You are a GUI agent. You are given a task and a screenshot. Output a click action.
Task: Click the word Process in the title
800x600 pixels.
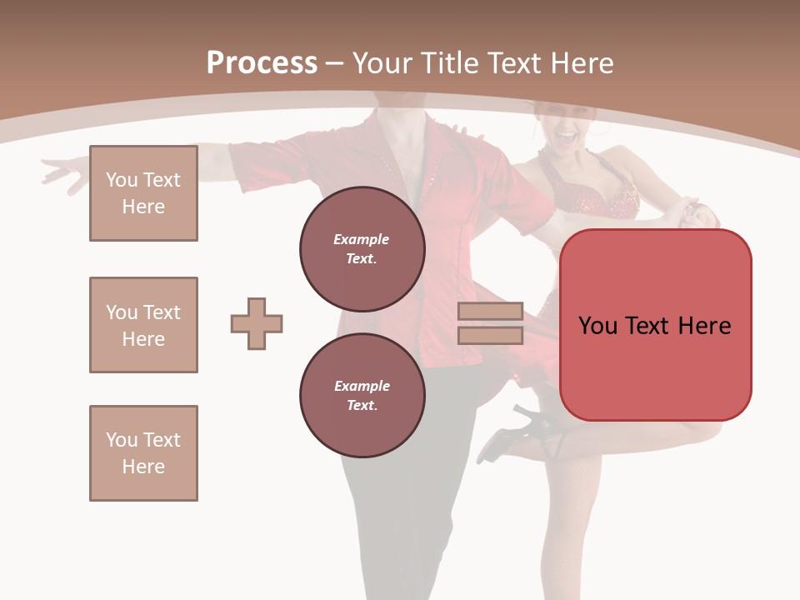pyautogui.click(x=262, y=62)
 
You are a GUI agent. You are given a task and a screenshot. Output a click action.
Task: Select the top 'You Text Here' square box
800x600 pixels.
pyautogui.click(x=143, y=193)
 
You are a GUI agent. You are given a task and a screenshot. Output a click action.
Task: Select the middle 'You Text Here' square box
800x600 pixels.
pyautogui.click(x=143, y=325)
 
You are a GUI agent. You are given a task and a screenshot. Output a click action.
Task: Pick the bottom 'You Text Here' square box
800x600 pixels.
pyautogui.click(x=143, y=453)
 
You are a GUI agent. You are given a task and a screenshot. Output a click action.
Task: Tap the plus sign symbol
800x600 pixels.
pyautogui.click(x=257, y=323)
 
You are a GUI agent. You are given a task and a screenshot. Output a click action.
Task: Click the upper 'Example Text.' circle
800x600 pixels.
pyautogui.click(x=362, y=249)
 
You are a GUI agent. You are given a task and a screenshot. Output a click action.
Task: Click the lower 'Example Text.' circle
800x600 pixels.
pyautogui.click(x=362, y=396)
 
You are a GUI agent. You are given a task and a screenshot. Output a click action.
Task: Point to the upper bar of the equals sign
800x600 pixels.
pyautogui.click(x=490, y=311)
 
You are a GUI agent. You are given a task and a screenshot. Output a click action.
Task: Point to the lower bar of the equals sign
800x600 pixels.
pyautogui.click(x=490, y=335)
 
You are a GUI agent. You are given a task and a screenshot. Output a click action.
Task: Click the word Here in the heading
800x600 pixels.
pyautogui.click(x=580, y=62)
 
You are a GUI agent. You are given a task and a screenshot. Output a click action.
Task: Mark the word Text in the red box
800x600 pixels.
pyautogui.click(x=653, y=325)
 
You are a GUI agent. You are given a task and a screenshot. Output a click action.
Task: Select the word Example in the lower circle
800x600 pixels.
pyautogui.click(x=362, y=386)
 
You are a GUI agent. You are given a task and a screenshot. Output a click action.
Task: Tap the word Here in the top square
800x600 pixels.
pyautogui.click(x=143, y=207)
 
